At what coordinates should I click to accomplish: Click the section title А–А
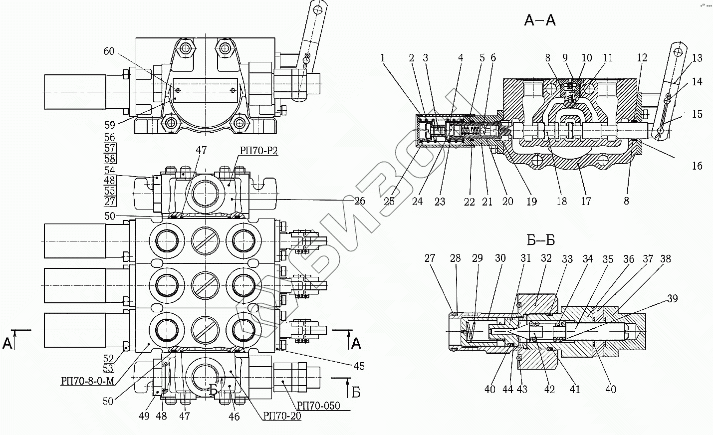pos(540,20)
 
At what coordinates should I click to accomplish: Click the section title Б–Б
pos(541,240)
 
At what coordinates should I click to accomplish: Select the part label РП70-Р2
pos(259,151)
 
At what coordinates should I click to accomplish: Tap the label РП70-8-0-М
pos(87,381)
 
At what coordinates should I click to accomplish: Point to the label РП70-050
pos(318,406)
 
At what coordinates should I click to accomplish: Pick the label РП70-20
pos(282,416)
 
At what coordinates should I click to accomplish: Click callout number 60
pos(109,51)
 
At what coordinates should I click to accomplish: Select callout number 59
pos(109,125)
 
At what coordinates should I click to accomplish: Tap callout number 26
pos(360,201)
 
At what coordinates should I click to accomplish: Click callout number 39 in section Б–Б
pos(672,298)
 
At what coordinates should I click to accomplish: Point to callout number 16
pos(697,166)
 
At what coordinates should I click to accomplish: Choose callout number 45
pos(359,366)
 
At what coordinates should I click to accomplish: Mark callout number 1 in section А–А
pos(383,57)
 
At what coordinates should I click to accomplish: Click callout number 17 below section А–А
pos(586,201)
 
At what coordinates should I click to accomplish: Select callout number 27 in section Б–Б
pos(430,258)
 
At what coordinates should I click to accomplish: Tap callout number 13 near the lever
pos(697,57)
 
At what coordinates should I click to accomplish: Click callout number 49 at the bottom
pos(144,416)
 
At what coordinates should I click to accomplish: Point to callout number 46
pos(234,417)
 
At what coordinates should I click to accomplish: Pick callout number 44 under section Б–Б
pos(508,389)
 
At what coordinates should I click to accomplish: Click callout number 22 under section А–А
pos(469,202)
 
